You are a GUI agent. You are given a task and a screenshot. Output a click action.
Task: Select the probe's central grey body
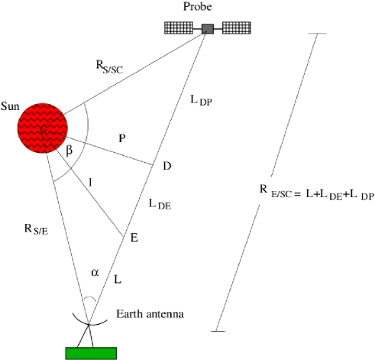(x=208, y=29)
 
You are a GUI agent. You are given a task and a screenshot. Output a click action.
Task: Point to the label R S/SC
(x=110, y=68)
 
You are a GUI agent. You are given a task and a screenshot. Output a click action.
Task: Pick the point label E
(x=134, y=238)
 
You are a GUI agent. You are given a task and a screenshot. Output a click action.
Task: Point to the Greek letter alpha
(x=95, y=271)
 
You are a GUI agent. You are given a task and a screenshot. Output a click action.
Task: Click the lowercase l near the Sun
(x=90, y=182)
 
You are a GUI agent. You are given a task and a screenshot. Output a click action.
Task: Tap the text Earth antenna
(x=150, y=314)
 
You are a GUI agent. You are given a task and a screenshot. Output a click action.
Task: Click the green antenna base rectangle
(x=91, y=352)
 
